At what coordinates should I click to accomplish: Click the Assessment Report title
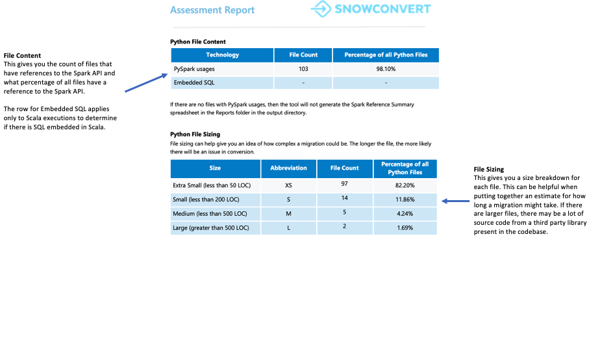(212, 10)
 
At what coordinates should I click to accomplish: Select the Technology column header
(222, 55)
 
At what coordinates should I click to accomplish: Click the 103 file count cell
(303, 69)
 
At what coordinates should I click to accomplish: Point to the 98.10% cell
(386, 69)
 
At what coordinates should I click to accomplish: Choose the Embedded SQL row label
(194, 83)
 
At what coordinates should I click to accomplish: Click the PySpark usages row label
(194, 69)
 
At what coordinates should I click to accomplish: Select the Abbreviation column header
(288, 168)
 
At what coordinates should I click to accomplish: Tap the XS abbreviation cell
(288, 185)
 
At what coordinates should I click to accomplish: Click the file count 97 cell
(344, 185)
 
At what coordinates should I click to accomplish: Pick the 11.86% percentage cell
(405, 199)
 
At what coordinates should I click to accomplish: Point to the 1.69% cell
(405, 228)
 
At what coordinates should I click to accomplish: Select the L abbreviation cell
(288, 228)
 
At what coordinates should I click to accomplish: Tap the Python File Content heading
(198, 42)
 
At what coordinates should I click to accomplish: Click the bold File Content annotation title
(22, 56)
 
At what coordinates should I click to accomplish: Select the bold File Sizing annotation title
(488, 170)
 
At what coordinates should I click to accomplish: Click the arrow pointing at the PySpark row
(147, 83)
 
